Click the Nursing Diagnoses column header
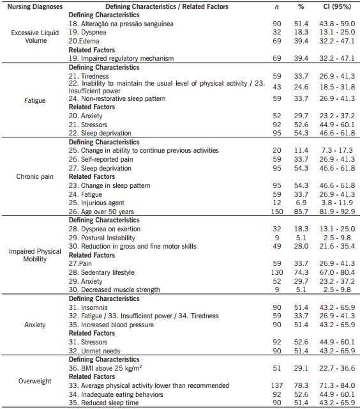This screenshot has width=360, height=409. click(x=36, y=6)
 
